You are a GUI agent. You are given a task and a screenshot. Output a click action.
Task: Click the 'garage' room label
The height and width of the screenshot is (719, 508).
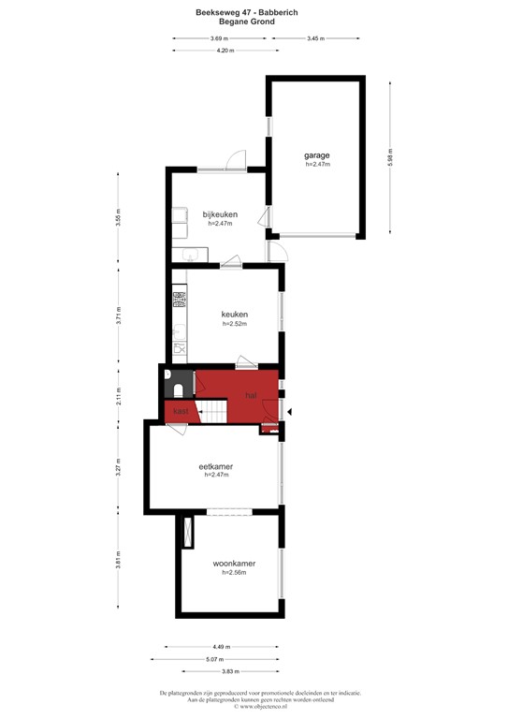point(317,154)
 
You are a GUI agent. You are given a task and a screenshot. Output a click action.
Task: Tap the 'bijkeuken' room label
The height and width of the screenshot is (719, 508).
point(220,214)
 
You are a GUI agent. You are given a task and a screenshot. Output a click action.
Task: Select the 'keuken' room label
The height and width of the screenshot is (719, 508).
point(234,314)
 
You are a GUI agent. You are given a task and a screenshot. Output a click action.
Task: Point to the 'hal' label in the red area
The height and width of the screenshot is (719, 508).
point(251,395)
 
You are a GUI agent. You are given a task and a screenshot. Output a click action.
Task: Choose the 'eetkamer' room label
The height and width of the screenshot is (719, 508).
point(215,465)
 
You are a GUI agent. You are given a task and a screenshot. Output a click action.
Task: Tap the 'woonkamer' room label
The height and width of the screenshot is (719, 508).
point(234,563)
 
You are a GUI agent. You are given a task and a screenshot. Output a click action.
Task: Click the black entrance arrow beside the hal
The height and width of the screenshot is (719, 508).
point(290,411)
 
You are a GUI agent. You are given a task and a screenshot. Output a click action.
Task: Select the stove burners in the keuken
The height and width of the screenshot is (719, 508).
point(179,299)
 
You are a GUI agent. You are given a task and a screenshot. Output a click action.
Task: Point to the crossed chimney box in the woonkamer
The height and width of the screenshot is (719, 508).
point(188,531)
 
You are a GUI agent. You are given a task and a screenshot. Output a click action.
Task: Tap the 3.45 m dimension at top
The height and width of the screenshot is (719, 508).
point(316,38)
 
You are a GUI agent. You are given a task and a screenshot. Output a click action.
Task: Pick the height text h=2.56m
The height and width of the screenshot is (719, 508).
point(234,572)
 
